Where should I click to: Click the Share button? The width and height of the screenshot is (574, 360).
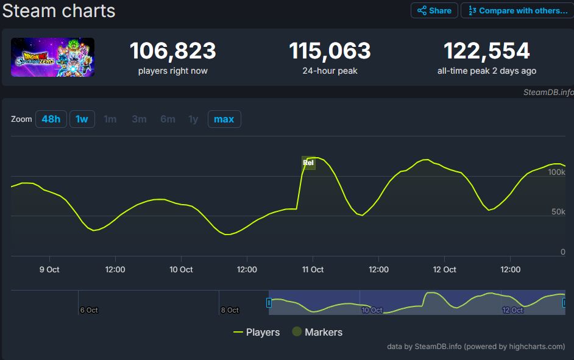pos(434,10)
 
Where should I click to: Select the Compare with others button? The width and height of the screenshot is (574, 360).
pos(517,10)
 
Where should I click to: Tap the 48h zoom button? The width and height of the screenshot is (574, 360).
pos(51,119)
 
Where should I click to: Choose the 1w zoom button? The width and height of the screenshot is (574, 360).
pos(82,119)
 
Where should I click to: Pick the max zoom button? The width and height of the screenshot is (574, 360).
pos(224,119)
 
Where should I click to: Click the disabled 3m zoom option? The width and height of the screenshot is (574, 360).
pos(139,119)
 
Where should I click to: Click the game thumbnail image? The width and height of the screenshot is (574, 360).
pos(52,57)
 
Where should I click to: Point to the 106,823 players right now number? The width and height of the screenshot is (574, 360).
pos(172,51)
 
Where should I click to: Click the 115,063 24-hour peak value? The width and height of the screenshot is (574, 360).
pos(330,51)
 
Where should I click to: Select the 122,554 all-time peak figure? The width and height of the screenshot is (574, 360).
pos(486,51)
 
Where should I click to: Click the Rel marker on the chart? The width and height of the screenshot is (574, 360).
pos(308,163)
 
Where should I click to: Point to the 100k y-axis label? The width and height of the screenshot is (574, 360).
pos(556,172)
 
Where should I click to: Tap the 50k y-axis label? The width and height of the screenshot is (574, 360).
pos(558,212)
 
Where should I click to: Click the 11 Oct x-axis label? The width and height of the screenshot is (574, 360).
pos(313,269)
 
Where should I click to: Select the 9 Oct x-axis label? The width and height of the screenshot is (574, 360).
pos(49,269)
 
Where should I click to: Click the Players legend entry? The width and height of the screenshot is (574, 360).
pos(257,332)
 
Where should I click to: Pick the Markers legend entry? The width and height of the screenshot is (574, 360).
pos(317,332)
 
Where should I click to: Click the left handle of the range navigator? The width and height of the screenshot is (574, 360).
pos(269,302)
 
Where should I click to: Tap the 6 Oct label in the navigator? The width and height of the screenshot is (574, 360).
pos(89,310)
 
